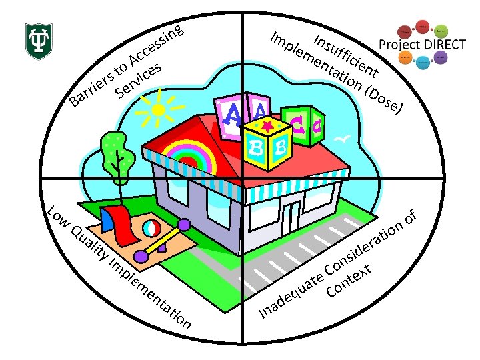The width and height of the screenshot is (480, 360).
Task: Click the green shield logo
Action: (39, 40)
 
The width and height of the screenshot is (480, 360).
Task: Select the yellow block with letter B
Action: (267, 139)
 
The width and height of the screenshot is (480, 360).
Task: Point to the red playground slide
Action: (120, 223)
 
